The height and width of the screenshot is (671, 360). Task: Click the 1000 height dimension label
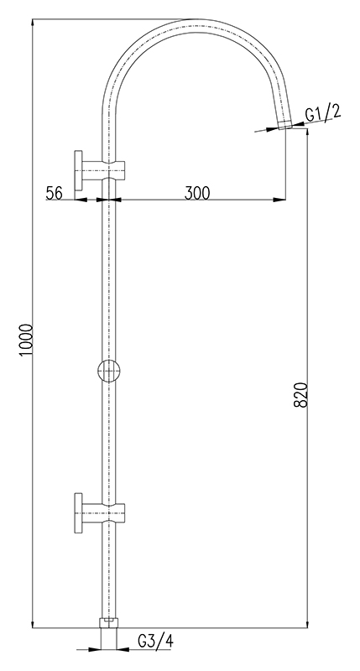[x=27, y=340]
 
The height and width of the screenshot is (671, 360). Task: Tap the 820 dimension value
[x=301, y=394]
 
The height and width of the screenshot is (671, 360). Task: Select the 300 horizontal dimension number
[x=197, y=193]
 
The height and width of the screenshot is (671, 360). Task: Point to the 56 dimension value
[x=55, y=193]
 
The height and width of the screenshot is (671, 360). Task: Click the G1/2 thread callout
[x=323, y=113]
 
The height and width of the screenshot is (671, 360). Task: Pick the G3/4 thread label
[x=155, y=641]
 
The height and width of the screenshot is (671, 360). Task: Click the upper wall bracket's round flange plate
[x=78, y=170]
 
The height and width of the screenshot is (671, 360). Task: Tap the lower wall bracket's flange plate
[x=78, y=513]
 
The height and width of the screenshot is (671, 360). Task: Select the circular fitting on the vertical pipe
[x=109, y=371]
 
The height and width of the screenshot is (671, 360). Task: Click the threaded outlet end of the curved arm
[x=285, y=125]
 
